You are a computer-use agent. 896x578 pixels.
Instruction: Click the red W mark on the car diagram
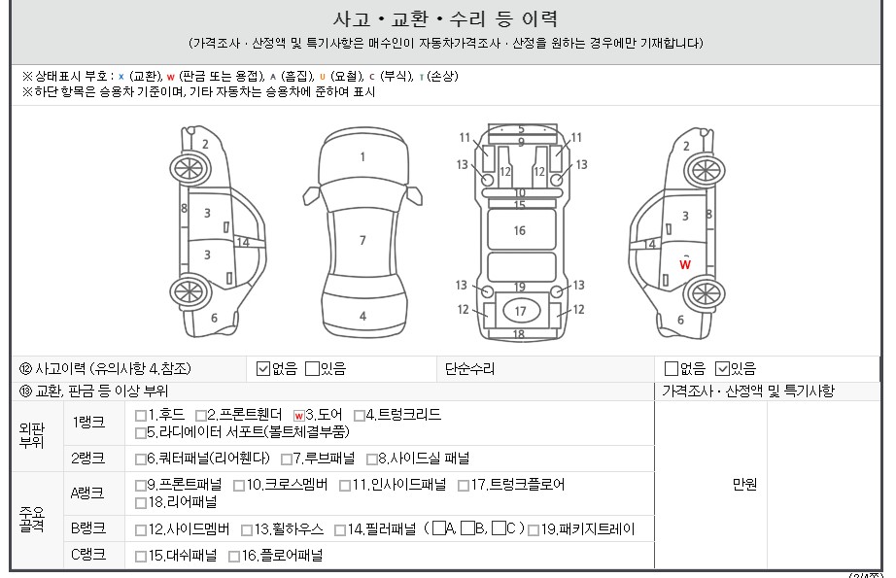685,264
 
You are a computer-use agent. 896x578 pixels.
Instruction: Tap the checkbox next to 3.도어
299,416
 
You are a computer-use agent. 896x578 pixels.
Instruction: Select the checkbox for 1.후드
141,416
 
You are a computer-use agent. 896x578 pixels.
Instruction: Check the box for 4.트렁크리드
360,416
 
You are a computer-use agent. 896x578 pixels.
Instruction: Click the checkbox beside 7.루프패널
287,459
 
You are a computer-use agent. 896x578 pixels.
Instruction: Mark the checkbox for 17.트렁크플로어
464,486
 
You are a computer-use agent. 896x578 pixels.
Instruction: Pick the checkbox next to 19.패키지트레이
534,530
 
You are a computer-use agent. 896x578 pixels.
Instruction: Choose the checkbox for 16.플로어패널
233,557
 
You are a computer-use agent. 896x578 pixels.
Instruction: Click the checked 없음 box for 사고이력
262,369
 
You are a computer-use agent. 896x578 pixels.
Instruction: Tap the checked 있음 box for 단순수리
722,369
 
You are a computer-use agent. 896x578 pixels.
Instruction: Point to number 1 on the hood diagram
362,156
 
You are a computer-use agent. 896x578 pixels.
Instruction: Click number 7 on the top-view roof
362,241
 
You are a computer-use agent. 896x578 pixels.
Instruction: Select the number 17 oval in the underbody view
520,311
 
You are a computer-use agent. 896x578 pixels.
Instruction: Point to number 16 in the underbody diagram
520,231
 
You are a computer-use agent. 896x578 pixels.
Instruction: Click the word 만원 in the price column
744,485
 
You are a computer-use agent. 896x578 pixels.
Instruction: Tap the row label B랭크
88,528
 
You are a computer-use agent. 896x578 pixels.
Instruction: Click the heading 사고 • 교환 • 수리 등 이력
445,19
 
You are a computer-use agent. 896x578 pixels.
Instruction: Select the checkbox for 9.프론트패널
141,486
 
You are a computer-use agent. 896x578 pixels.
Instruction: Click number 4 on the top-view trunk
362,317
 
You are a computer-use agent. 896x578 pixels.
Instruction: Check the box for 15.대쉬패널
141,557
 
